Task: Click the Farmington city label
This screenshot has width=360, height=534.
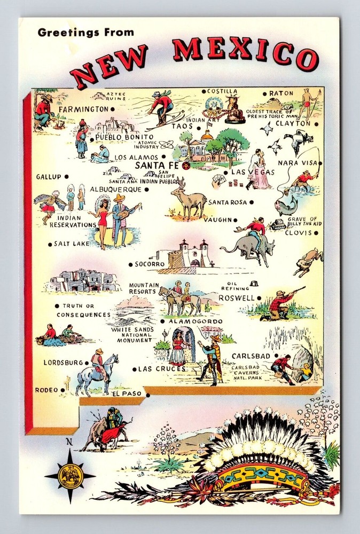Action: (x=83, y=109)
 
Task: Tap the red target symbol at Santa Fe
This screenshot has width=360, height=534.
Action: (x=182, y=165)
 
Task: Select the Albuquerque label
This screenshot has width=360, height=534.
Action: (x=115, y=189)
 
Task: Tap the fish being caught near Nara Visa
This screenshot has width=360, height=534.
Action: (x=286, y=205)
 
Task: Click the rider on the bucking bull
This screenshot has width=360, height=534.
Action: (x=255, y=229)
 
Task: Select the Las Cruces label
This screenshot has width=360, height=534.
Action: (x=162, y=368)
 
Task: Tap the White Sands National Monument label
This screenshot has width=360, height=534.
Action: (x=132, y=335)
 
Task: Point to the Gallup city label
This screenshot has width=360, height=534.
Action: (x=49, y=176)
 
